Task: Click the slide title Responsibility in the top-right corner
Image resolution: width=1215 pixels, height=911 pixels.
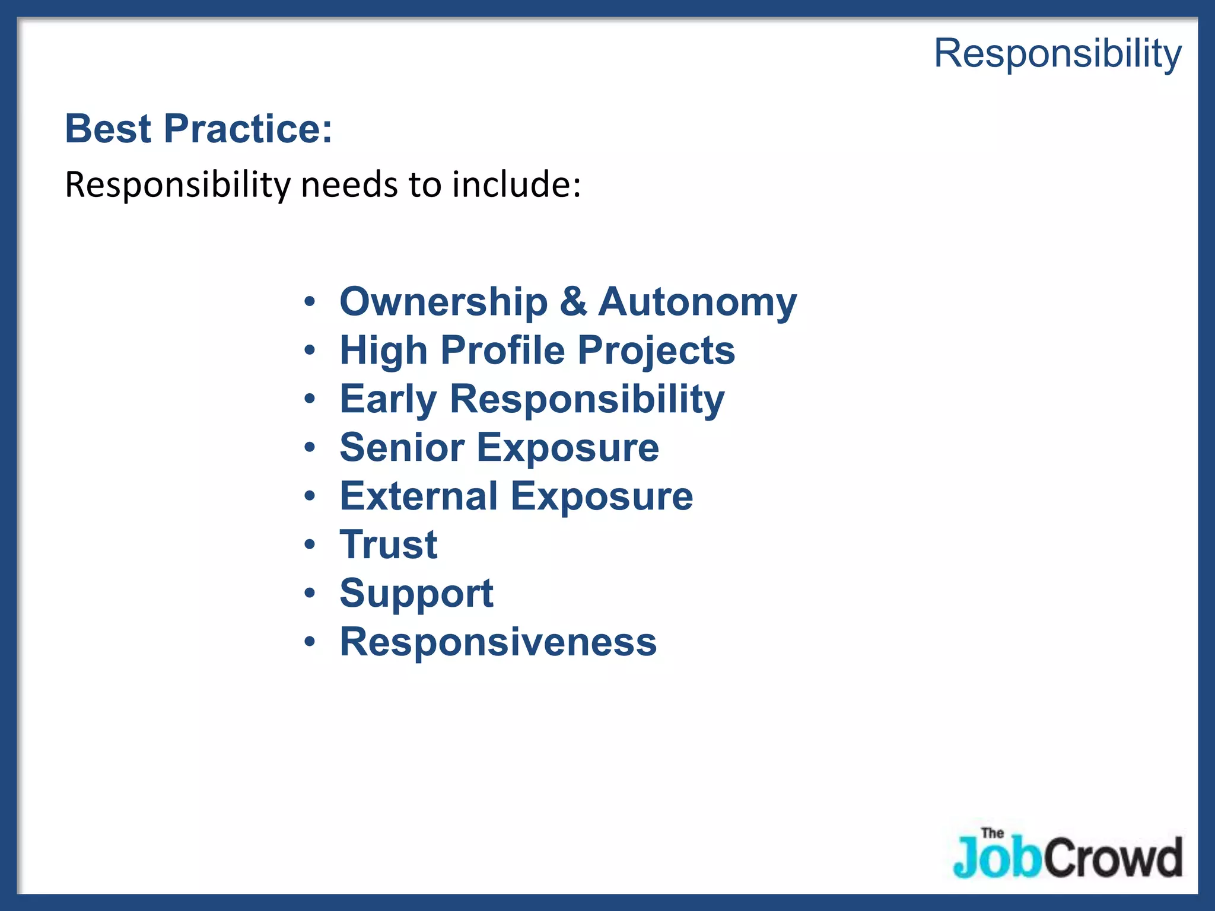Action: (1058, 53)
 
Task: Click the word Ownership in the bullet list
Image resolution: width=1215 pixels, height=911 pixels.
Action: (444, 302)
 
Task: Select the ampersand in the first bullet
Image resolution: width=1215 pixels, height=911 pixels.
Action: (573, 302)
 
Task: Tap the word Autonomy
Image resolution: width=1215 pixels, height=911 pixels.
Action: (697, 303)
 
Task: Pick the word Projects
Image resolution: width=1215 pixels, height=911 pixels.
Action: (656, 352)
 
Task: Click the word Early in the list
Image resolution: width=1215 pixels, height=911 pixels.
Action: (389, 400)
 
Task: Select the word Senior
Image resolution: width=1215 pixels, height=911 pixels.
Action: (402, 448)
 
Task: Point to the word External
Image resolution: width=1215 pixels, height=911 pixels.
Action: (419, 496)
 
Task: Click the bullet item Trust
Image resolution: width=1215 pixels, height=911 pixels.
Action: (389, 545)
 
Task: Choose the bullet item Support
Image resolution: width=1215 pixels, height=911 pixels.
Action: (416, 594)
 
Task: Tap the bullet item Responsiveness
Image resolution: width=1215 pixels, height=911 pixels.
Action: (498, 642)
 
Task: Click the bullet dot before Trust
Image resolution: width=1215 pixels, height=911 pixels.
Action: (310, 544)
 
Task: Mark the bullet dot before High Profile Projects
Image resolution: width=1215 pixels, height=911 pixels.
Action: (310, 351)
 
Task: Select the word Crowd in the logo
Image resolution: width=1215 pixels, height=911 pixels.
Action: (1113, 858)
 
